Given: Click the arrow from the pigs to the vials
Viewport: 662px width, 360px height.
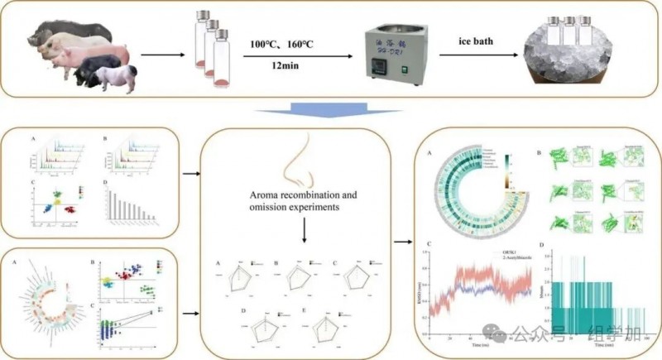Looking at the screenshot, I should (170, 56).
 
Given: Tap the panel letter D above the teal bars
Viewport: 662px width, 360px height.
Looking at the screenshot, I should (540, 244).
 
